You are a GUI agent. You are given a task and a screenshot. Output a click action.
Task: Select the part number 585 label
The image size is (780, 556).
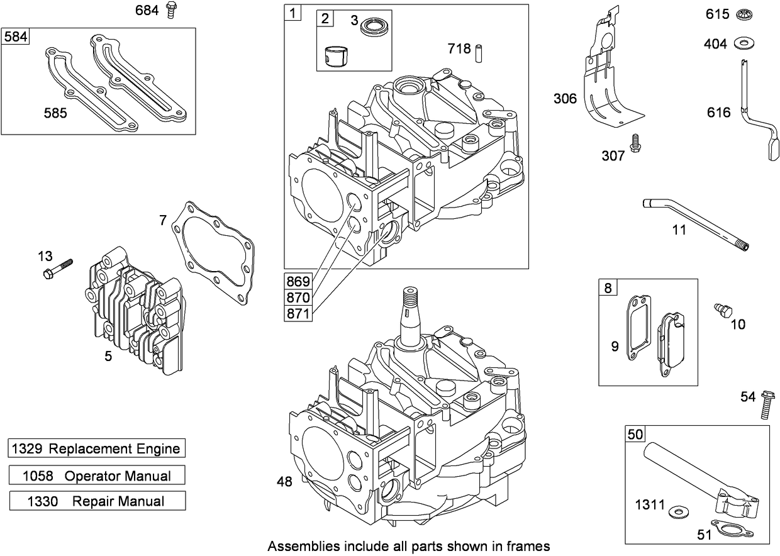click(x=55, y=113)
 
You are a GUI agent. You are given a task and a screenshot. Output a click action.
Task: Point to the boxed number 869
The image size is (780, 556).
click(x=298, y=281)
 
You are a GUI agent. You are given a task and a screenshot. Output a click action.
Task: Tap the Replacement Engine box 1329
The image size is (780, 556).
click(x=97, y=448)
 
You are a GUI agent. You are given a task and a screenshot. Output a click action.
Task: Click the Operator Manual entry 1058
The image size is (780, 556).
click(x=97, y=475)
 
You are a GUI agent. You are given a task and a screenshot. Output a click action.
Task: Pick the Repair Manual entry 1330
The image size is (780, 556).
click(x=97, y=501)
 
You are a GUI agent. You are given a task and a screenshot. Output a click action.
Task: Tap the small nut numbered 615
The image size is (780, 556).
click(x=746, y=14)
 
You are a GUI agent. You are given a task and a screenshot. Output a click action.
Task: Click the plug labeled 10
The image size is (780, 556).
click(x=722, y=309)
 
